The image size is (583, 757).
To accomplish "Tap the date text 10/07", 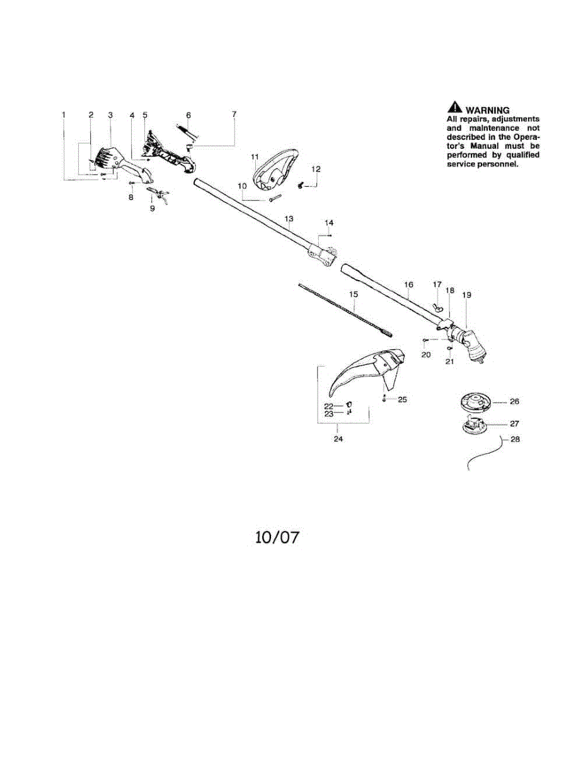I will pos(277,537).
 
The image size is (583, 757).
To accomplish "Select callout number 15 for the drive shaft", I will pos(353,294).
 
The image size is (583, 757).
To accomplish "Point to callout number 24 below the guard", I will pos(338,439).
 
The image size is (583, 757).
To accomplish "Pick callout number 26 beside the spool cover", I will pos(514,401).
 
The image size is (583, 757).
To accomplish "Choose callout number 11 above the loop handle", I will pos(255,156).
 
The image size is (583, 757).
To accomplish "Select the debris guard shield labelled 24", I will pos(366,372).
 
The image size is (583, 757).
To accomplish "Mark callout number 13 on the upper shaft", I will pos(289,220).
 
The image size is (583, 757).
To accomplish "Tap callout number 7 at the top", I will pos(234,114).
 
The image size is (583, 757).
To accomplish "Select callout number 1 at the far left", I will pos(64,115).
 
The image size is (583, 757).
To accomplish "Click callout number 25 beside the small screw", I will pos(403,399).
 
